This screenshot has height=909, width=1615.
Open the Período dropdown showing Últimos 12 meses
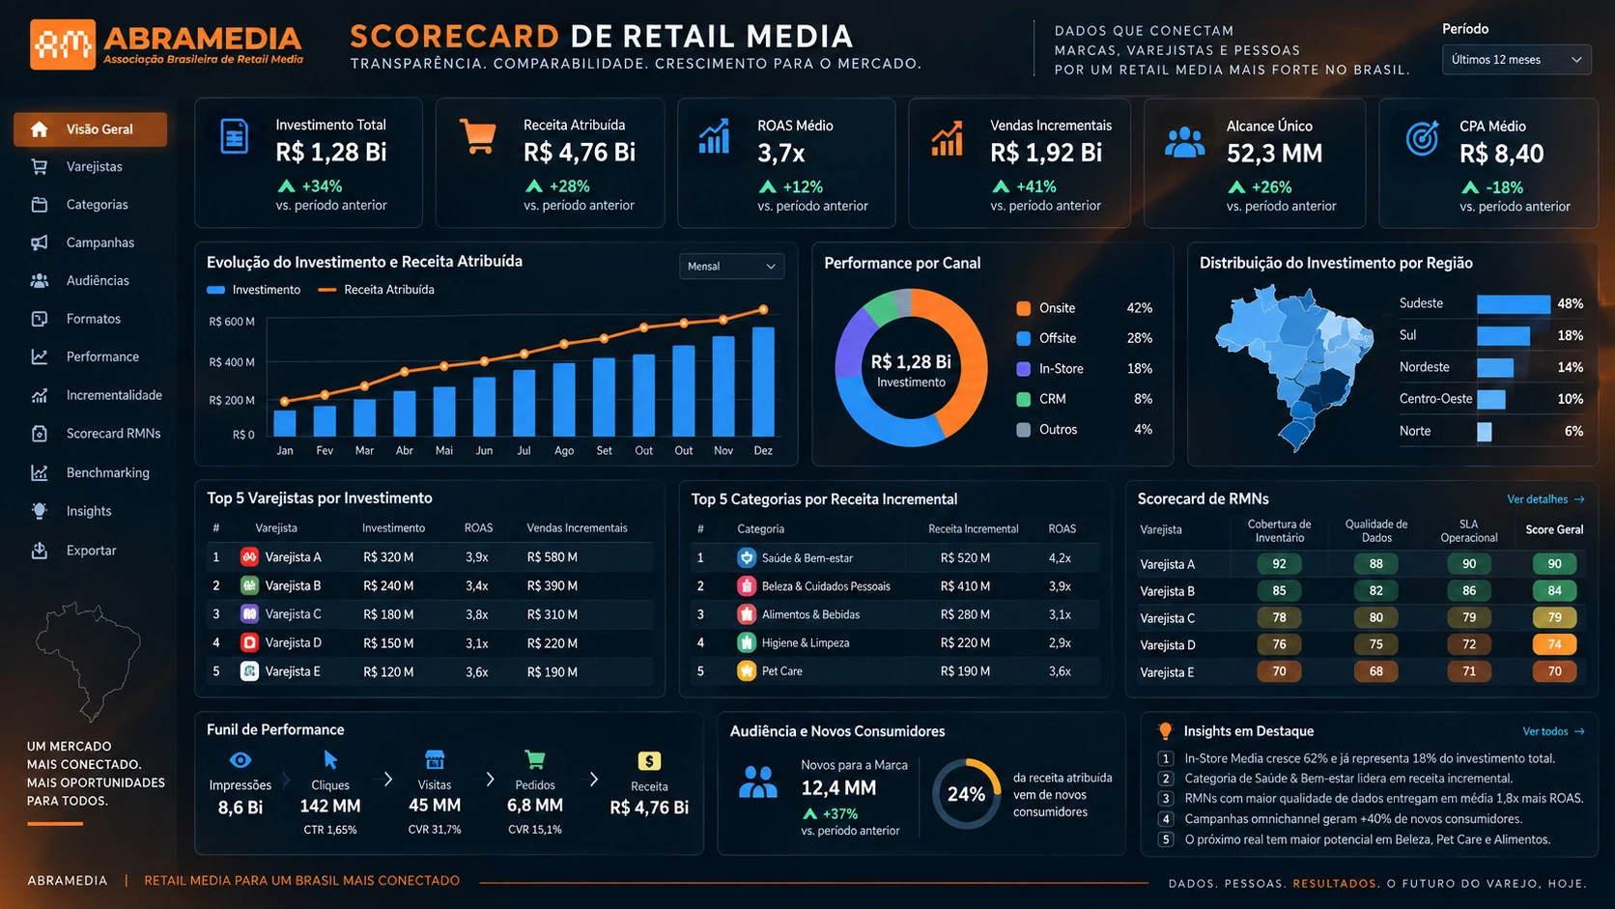coord(1516,60)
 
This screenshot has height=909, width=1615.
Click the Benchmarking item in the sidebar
coord(107,473)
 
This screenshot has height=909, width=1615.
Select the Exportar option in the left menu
coord(91,551)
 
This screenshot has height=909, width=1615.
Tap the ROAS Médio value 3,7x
coord(780,154)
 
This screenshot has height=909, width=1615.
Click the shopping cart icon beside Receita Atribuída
coord(478,137)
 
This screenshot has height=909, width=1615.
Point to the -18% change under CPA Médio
coord(1504,187)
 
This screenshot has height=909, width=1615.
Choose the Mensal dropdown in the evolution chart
coord(731,267)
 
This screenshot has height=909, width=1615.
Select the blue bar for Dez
coord(763,382)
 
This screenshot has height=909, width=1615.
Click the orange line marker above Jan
coord(285,402)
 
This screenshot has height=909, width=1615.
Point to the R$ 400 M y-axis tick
coord(232,362)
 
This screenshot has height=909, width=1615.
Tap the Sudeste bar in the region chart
coord(1514,304)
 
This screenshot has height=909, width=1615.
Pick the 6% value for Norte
coord(1573,431)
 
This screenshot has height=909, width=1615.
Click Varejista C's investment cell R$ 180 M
coord(388,615)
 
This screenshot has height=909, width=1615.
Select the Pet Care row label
coord(781,671)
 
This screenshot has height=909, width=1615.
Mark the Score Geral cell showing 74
coord(1554,644)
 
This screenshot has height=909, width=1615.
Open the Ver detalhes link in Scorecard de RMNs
coord(1545,499)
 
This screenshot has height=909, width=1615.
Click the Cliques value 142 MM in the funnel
coord(329,806)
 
